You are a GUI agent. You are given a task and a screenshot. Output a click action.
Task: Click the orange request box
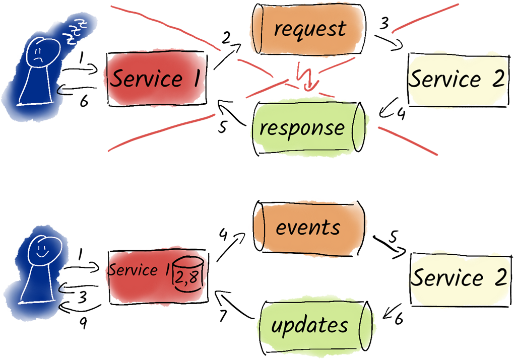307,29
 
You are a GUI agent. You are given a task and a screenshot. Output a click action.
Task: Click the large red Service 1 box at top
155,79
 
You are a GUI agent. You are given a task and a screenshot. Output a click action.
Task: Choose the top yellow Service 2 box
456,79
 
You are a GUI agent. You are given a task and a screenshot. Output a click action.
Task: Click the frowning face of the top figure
39,52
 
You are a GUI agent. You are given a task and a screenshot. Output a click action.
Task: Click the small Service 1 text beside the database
139,270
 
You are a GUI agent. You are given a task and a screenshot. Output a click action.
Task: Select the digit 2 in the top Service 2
497,79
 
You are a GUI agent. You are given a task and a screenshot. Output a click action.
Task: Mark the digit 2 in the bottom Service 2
498,278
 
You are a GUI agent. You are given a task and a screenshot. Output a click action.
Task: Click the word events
308,228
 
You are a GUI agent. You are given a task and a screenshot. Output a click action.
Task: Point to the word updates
309,325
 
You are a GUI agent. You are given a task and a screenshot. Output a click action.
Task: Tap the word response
302,128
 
